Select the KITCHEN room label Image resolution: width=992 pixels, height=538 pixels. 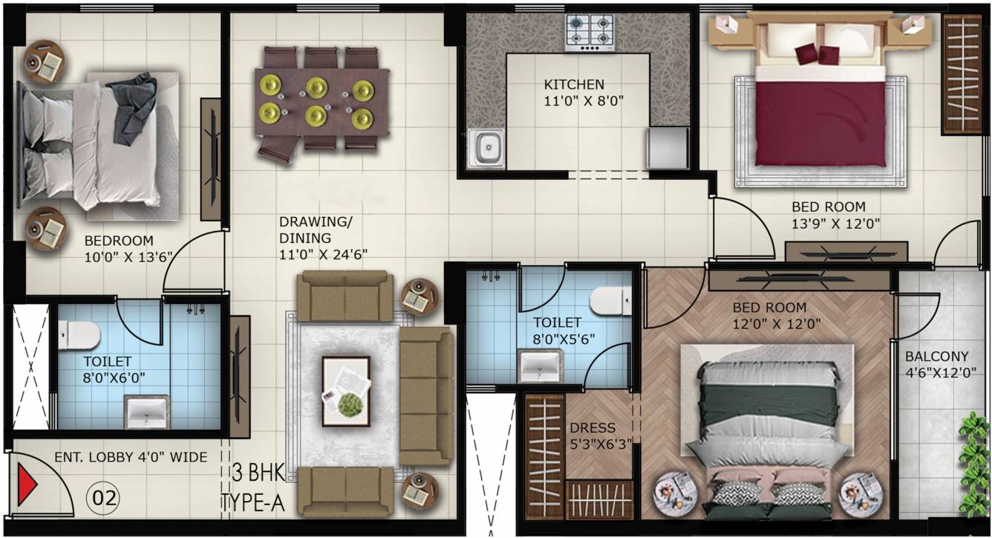(574, 85)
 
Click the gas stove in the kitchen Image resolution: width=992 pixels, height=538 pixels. (590, 33)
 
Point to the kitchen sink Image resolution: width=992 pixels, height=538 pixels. (486, 149)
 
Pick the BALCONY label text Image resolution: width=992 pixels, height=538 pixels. (936, 356)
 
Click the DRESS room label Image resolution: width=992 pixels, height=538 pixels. (592, 428)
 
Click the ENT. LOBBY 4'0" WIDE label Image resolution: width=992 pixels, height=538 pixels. (131, 457)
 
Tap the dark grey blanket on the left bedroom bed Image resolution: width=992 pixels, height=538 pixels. (134, 108)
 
